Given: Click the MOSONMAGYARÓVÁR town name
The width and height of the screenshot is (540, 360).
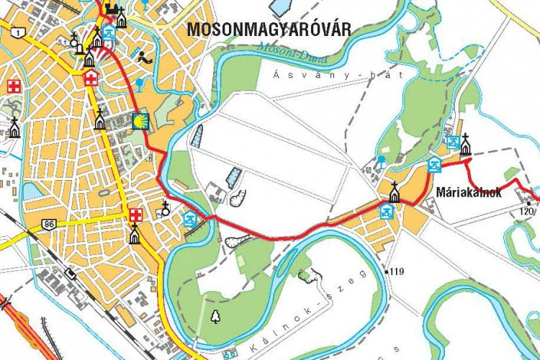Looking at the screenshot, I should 269,30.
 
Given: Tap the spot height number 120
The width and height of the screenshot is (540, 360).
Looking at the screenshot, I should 527,211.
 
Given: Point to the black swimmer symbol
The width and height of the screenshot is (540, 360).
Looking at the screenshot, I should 145,58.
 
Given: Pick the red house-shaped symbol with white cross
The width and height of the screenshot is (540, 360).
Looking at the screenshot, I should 91,77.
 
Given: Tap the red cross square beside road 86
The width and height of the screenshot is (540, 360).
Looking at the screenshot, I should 135,215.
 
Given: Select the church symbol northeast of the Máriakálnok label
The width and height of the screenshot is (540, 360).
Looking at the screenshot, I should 466,145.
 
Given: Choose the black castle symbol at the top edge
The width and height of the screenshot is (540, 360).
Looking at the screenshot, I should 112,9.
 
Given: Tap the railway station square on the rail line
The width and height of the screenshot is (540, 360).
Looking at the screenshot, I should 70,274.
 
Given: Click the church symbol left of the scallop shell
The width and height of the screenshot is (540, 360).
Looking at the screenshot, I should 100,120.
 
